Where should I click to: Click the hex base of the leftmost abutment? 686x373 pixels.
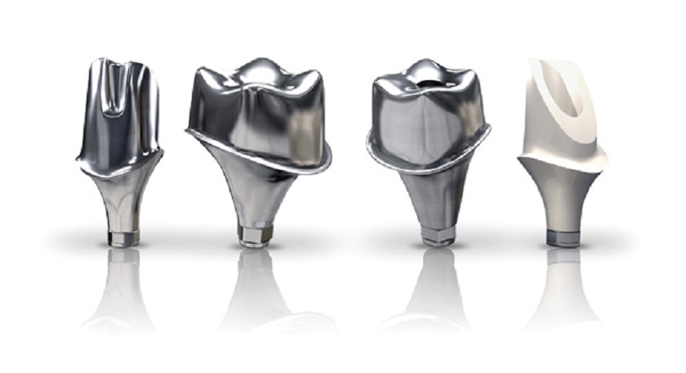coord(124,236)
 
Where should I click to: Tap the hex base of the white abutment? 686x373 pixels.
coord(563,236)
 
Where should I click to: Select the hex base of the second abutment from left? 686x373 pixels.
coord(253,236)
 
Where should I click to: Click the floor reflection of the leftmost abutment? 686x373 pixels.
coord(122,294)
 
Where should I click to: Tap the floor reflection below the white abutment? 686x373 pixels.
coord(563,294)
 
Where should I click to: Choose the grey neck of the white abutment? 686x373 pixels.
coord(563,196)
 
